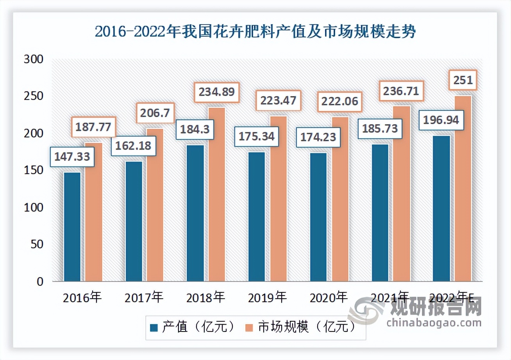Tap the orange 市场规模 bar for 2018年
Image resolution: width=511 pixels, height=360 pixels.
click(216, 194)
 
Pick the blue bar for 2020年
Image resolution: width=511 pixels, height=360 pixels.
click(318, 217)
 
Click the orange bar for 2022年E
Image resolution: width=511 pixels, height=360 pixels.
click(463, 189)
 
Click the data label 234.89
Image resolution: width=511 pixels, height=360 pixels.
click(216, 93)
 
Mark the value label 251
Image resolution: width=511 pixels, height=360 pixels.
click(463, 81)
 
